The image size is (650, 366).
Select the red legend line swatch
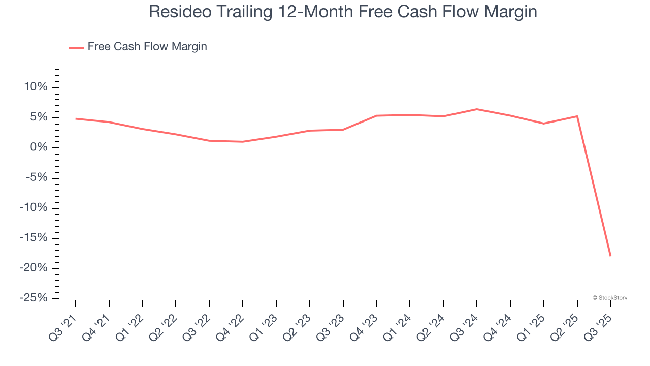tap(76, 47)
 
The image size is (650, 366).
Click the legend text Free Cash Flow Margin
tap(147, 47)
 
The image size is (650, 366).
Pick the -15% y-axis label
tap(34, 238)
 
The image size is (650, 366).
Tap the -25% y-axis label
tap(34, 298)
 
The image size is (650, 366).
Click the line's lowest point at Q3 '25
tap(610, 256)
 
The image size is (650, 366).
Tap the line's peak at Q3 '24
tap(477, 109)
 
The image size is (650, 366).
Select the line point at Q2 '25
tap(577, 116)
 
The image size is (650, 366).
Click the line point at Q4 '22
tap(243, 142)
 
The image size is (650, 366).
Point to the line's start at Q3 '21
tap(76, 118)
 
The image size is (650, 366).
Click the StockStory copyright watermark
tap(609, 298)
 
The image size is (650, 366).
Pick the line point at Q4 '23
tap(376, 116)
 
